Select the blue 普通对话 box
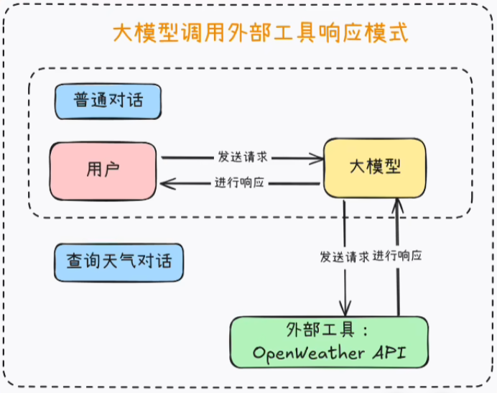[108, 100]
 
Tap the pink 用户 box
[103, 170]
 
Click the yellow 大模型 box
[374, 167]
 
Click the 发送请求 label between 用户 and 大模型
[243, 156]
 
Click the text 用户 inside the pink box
[102, 170]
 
